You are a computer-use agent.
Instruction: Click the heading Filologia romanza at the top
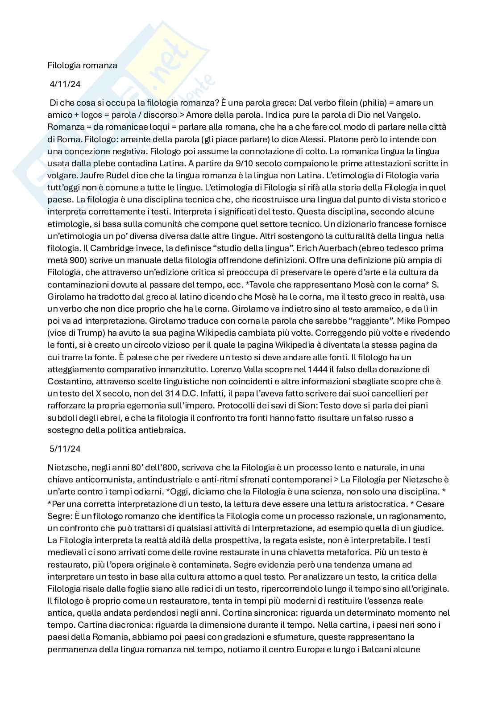tap(83, 66)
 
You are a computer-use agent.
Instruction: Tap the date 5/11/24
tap(65, 449)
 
